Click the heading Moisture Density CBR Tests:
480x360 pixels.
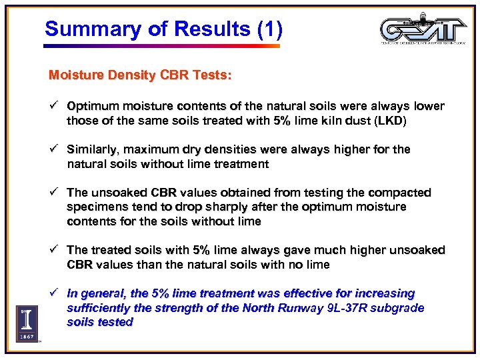(140, 75)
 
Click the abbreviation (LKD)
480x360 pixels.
(390, 121)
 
